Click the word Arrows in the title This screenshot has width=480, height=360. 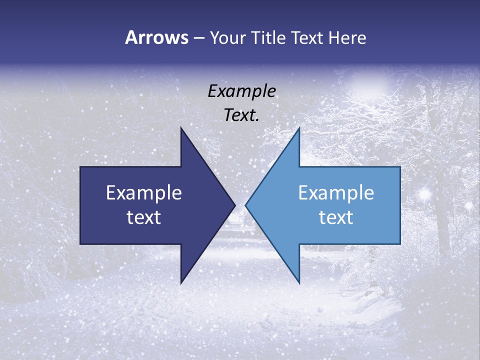click(x=156, y=37)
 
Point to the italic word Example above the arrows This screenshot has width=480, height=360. click(x=241, y=91)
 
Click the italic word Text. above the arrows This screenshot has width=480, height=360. click(x=241, y=115)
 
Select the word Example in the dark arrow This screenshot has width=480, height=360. click(x=143, y=193)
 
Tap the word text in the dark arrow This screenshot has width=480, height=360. click(x=143, y=217)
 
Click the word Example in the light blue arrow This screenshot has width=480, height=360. click(x=336, y=193)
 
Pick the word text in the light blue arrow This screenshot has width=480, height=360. click(x=336, y=217)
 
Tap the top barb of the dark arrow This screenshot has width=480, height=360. click(x=182, y=130)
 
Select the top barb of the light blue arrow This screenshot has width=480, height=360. click(x=298, y=130)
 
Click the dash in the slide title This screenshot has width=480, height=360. click(x=198, y=38)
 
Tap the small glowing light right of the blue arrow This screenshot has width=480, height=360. click(x=425, y=193)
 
